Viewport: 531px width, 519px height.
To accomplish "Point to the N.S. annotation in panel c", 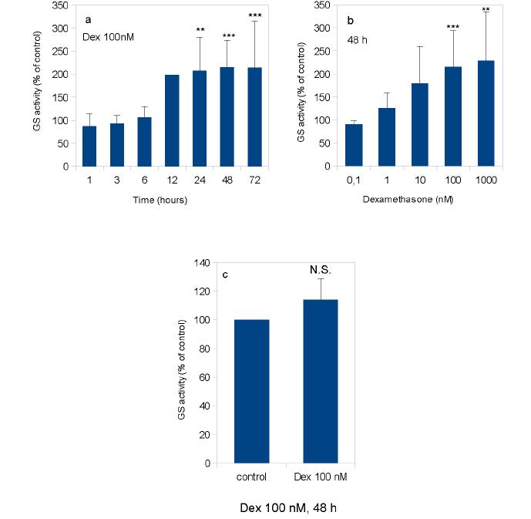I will (321, 271).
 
